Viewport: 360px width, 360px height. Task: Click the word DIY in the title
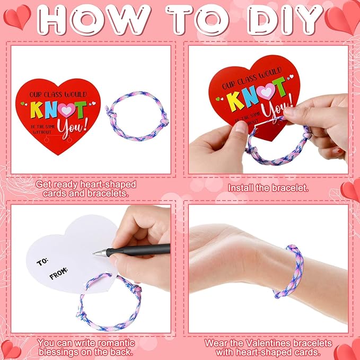coord(285,20)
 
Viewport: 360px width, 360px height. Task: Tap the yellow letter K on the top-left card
coord(37,110)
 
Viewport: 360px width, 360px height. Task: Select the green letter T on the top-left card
coord(80,110)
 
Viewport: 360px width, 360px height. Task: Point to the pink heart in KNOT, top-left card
coord(66,110)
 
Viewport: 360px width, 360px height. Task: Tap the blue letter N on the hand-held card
coord(250,96)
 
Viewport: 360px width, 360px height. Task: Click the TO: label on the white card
coord(42,261)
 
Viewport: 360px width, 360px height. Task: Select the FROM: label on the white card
coord(58,273)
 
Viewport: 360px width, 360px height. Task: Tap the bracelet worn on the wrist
coord(289,271)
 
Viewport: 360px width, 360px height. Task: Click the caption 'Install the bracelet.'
coord(268,188)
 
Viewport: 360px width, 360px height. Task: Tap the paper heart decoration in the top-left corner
coord(17,17)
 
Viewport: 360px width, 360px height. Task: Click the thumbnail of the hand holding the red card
coord(268,110)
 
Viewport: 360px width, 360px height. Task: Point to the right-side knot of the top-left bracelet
coord(164,120)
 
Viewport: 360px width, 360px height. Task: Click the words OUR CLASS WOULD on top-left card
coord(58,94)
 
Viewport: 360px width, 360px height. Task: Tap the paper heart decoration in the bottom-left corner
coord(11,349)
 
